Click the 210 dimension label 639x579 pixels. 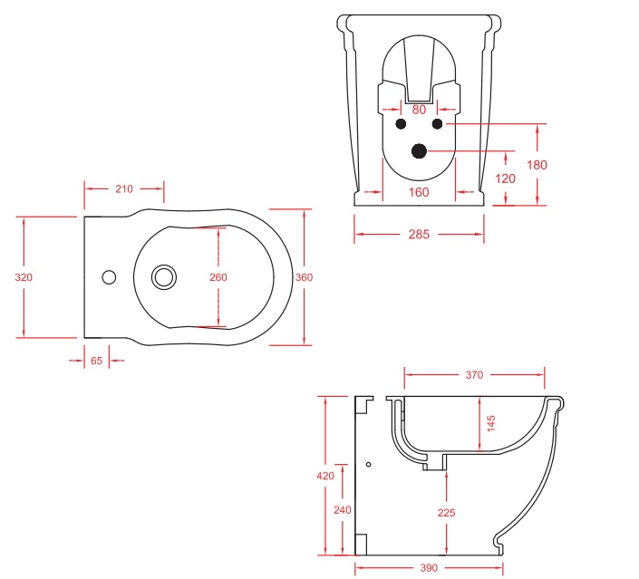tap(124, 189)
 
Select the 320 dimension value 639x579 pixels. tap(24, 277)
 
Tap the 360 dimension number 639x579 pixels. tap(304, 277)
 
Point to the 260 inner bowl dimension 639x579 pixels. tap(218, 277)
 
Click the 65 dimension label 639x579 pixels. tap(97, 361)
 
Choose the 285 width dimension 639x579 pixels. tap(419, 235)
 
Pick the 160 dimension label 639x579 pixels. tap(419, 192)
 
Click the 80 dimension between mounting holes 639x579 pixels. tap(419, 110)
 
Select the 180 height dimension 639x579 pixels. tap(537, 165)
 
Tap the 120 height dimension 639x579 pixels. tap(505, 179)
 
